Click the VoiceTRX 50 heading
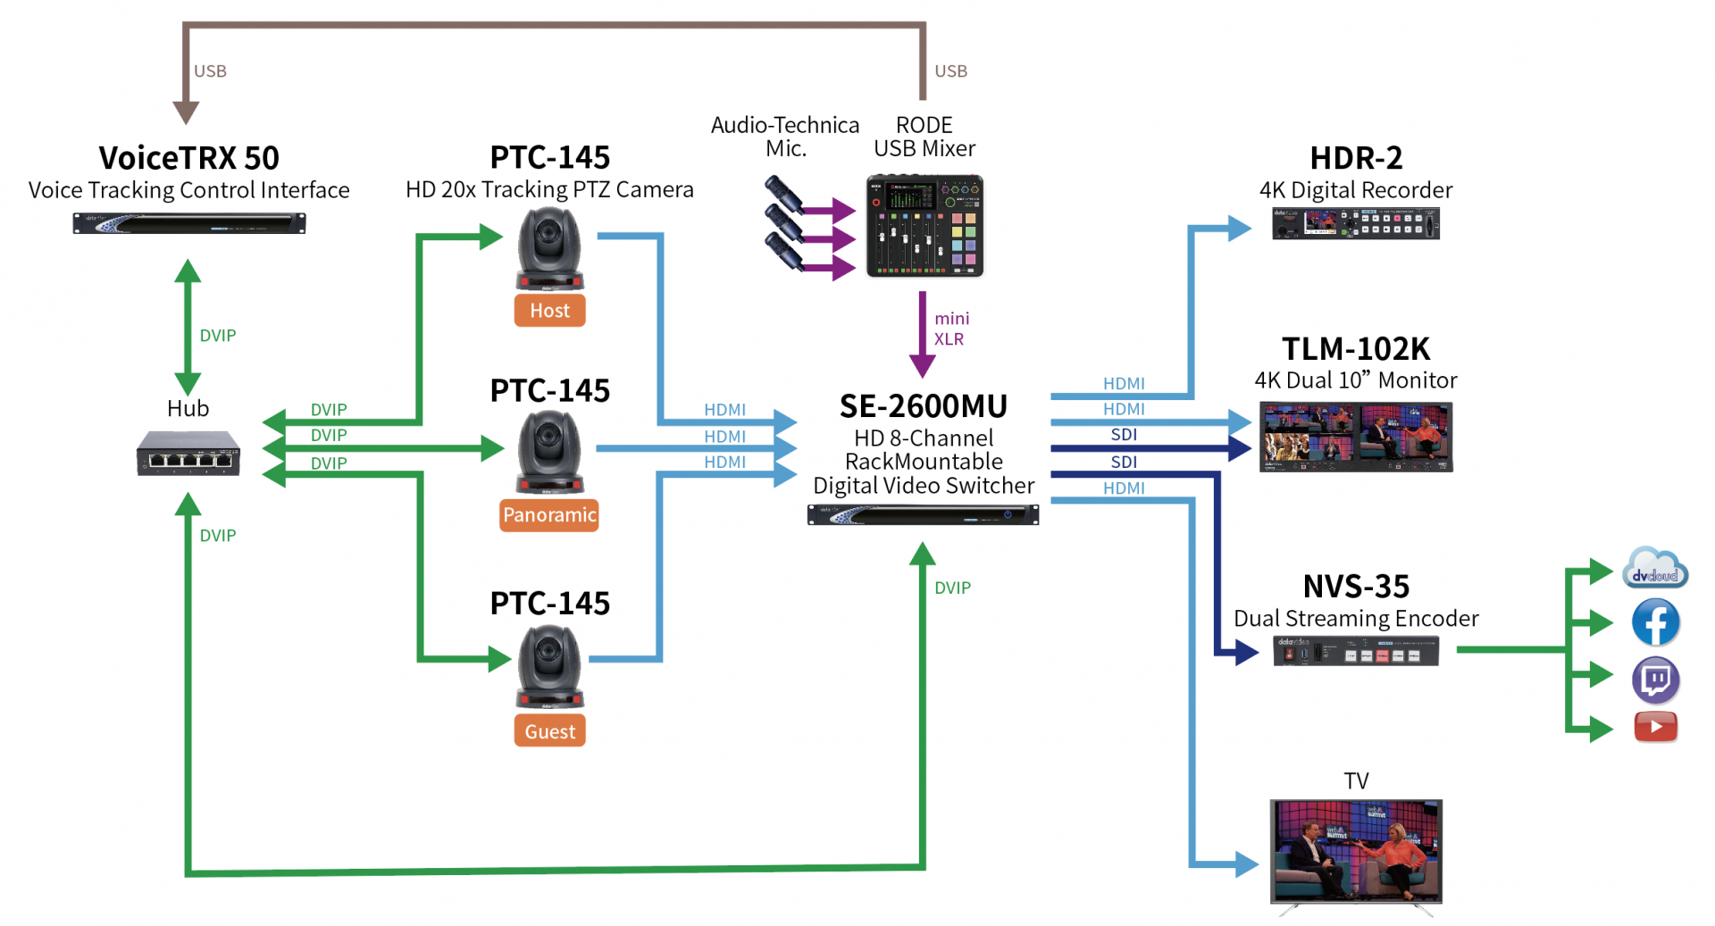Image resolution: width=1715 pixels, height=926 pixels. click(188, 158)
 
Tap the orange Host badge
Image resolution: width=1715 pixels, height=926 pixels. click(549, 311)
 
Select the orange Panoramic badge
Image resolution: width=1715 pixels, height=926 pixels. click(549, 515)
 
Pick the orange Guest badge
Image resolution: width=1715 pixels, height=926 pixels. click(549, 731)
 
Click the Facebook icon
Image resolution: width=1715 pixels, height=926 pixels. click(1655, 622)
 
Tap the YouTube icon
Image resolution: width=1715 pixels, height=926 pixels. click(1655, 727)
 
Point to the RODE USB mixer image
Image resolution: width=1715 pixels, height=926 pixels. click(924, 226)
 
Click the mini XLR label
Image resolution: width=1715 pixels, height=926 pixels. click(950, 329)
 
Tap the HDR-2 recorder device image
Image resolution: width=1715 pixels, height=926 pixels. click(1355, 223)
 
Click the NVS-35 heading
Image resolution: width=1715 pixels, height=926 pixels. click(1356, 587)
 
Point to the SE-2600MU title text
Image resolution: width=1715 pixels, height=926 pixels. click(924, 407)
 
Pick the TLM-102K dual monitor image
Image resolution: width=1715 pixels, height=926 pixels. click(1356, 437)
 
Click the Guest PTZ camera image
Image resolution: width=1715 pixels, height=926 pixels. click(549, 666)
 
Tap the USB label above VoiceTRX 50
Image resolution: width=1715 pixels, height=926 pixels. click(211, 71)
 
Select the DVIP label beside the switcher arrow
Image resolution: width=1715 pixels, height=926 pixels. click(952, 588)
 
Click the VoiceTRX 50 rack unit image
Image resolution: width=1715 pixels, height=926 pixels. click(188, 223)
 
